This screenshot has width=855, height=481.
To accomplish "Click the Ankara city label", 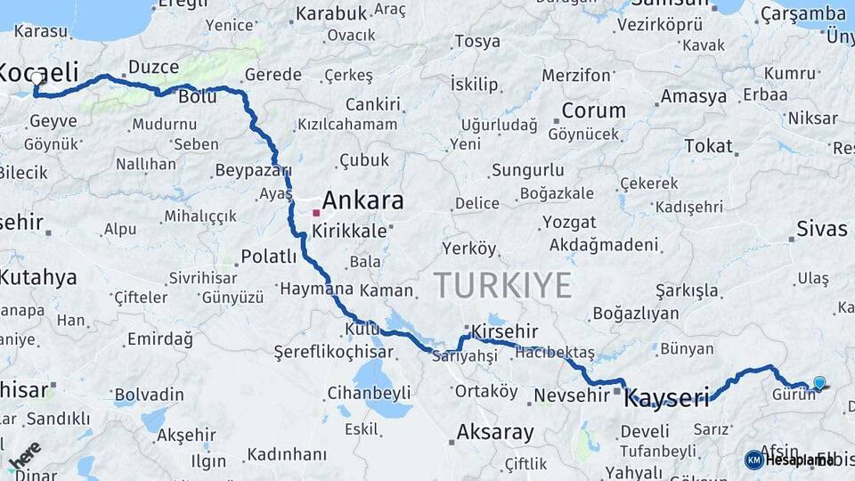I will click(x=362, y=200).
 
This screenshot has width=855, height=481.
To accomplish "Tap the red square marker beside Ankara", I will click(x=315, y=213).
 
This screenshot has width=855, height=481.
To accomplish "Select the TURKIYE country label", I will click(x=503, y=285).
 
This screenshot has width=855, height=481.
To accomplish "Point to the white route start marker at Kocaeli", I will click(x=37, y=77).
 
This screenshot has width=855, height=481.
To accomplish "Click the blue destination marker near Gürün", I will click(x=819, y=383).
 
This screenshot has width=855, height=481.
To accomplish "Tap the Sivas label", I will click(x=822, y=229).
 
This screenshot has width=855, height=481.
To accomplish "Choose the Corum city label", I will click(x=593, y=111).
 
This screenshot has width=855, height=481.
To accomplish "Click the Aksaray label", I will click(x=495, y=433).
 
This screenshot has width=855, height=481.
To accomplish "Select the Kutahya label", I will click(x=38, y=277).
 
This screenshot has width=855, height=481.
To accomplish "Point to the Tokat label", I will click(x=708, y=146).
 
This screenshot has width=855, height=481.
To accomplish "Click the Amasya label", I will click(x=694, y=96).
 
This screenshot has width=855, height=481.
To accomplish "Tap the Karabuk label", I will click(x=331, y=13).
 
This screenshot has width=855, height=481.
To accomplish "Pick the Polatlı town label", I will click(x=268, y=257).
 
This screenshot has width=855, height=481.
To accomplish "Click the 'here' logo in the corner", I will click(x=24, y=455).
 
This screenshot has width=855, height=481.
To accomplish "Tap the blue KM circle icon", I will click(x=754, y=460).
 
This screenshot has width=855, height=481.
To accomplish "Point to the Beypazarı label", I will click(x=254, y=170).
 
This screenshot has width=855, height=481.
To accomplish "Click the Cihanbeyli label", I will click(x=369, y=392).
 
